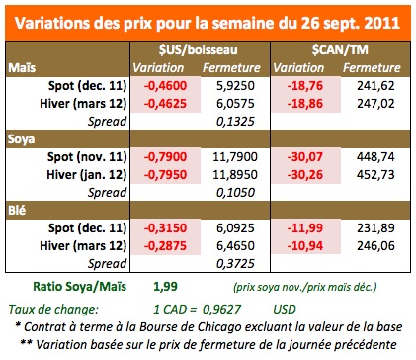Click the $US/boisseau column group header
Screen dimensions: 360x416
199,47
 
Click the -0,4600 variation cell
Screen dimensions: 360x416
164,86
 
